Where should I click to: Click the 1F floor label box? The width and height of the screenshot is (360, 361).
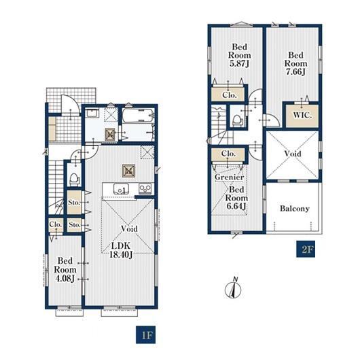[x=145, y=334]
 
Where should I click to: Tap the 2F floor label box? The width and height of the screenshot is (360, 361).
[x=306, y=249]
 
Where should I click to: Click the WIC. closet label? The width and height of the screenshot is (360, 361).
[x=302, y=115]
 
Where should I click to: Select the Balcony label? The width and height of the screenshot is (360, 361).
[x=294, y=208]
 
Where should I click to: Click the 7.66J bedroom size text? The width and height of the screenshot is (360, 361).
[x=295, y=71]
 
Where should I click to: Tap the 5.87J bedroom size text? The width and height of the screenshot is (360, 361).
[x=239, y=63]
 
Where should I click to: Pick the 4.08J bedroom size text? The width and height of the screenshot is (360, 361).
[x=65, y=278]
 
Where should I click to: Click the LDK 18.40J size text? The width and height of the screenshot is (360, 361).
[x=121, y=250]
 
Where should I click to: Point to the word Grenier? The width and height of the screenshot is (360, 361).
[x=230, y=177]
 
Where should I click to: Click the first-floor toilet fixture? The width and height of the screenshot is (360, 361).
[x=74, y=179]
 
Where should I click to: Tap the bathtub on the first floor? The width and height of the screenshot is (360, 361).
[x=138, y=116]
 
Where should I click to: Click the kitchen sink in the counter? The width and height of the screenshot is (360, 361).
[x=121, y=189]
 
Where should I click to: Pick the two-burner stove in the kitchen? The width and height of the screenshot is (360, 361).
[x=145, y=188]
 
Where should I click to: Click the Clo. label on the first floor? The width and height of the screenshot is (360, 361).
[x=56, y=224]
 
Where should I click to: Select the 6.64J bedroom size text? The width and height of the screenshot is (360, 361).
[x=236, y=206]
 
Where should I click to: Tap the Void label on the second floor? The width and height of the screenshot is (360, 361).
[x=293, y=154]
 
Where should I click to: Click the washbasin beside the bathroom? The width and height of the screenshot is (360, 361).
[x=92, y=114]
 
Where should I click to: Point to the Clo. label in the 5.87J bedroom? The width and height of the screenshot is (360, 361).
[x=230, y=95]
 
